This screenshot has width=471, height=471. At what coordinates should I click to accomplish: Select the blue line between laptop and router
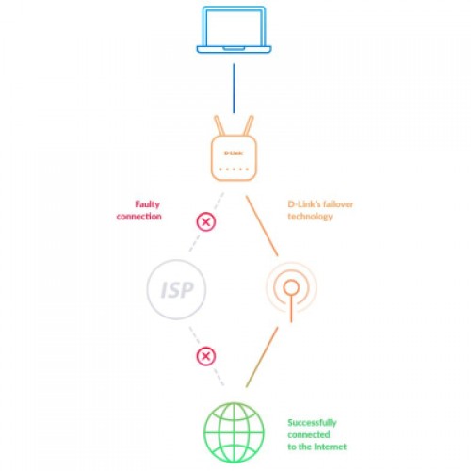click(234, 89)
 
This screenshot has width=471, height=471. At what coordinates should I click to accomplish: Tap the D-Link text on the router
click(234, 154)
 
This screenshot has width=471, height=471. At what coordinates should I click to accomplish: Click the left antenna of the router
click(219, 126)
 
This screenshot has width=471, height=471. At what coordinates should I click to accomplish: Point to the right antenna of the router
click(249, 126)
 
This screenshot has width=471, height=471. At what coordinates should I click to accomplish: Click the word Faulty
click(147, 204)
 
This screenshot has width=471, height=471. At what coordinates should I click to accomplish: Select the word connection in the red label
click(139, 217)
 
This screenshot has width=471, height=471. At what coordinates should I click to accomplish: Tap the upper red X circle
click(206, 222)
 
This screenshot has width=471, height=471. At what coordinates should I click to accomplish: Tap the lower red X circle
click(206, 356)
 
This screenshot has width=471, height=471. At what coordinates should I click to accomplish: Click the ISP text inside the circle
click(177, 290)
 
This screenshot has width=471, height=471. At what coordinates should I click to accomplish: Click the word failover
click(338, 204)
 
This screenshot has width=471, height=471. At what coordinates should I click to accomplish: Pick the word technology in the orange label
click(310, 217)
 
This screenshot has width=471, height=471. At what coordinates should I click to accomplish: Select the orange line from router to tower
click(262, 226)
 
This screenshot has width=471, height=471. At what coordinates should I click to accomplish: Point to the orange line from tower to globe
click(262, 357)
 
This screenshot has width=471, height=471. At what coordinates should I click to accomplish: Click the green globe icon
click(234, 432)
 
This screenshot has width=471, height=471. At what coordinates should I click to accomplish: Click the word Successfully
click(312, 423)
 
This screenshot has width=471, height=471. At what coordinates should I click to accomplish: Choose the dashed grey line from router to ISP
click(206, 222)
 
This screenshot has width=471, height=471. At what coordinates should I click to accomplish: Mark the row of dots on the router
click(234, 169)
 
